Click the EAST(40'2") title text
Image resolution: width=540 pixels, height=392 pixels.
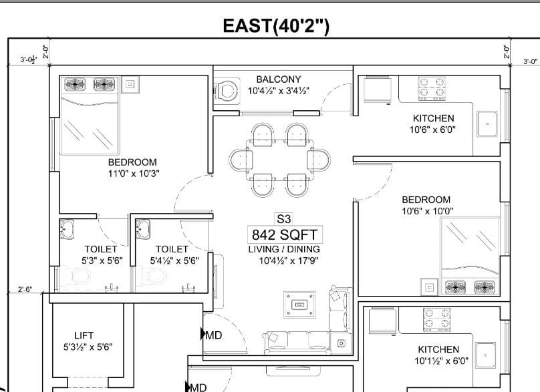276,26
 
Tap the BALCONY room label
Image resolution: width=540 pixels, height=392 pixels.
279,79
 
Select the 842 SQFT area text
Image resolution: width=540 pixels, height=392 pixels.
285,234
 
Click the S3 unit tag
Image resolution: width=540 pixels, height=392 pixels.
284,219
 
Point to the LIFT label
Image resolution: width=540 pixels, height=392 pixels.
84,335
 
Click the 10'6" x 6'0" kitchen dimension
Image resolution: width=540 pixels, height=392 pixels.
432,130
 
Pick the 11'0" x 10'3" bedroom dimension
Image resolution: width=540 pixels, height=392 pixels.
134,174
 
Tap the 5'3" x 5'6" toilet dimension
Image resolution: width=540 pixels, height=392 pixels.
102,260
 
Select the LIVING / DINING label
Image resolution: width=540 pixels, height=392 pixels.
284,249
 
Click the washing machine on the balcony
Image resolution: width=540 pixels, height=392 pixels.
227,91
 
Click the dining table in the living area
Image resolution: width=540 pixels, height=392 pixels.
279,160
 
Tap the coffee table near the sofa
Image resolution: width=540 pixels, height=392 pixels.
299,305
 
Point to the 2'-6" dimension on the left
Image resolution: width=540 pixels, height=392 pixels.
25,289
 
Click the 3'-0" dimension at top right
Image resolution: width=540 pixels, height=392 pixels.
531,61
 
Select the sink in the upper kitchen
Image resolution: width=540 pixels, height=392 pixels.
487,124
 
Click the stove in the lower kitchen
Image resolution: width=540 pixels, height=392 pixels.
437,320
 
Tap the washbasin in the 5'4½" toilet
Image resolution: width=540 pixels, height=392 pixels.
142,230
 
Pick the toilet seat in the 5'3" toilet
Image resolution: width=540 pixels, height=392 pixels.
78,276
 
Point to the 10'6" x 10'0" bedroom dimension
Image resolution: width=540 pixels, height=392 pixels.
427,211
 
